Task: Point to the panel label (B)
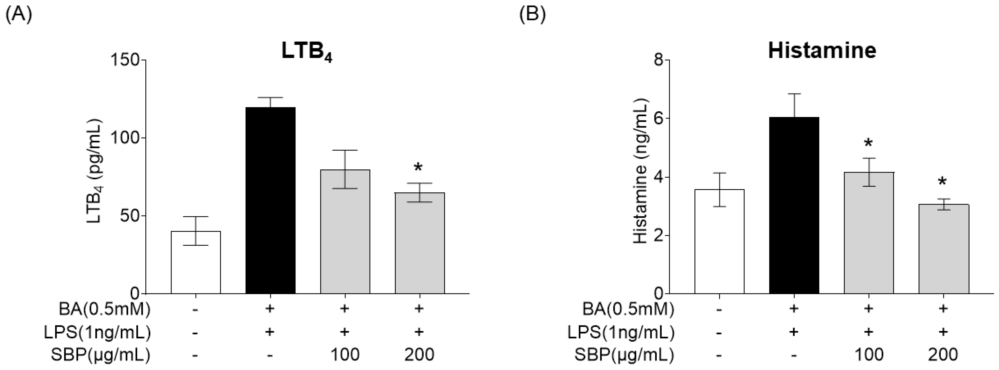point(532,15)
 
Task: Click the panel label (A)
point(18,15)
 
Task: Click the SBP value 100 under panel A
point(344,354)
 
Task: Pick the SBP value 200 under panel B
point(943,354)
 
